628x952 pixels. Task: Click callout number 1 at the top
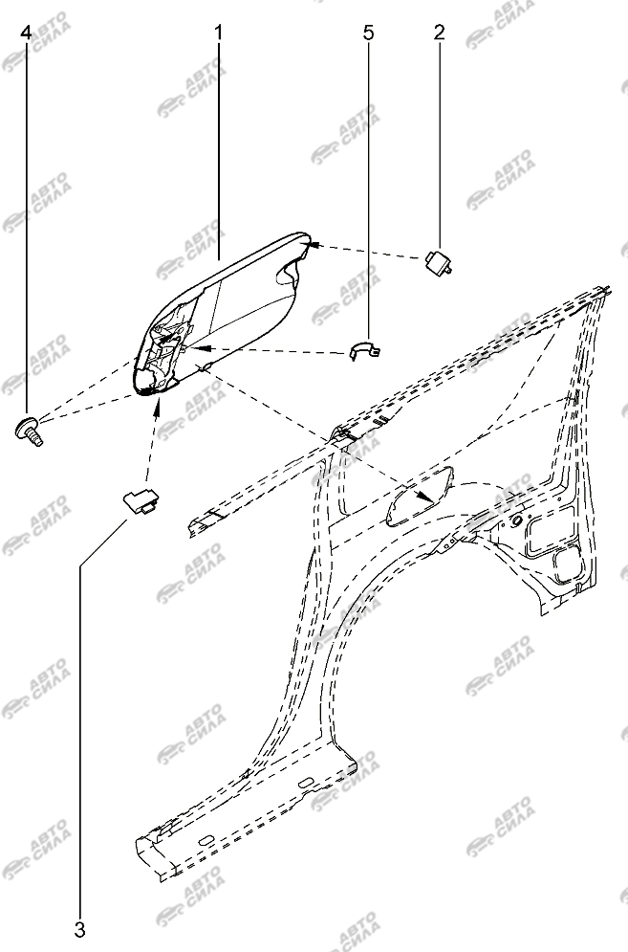pyautogui.click(x=219, y=33)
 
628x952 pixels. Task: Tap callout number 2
pyautogui.click(x=440, y=33)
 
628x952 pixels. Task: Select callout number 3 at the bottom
pyautogui.click(x=80, y=929)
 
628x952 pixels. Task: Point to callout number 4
pyautogui.click(x=26, y=33)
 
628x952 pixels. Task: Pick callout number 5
pyautogui.click(x=368, y=33)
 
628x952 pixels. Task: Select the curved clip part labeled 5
pyautogui.click(x=366, y=349)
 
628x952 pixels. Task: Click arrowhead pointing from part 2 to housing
pyautogui.click(x=316, y=245)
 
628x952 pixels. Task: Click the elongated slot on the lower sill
pyautogui.click(x=206, y=840)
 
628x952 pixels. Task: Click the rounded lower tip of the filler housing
pyautogui.click(x=149, y=387)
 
